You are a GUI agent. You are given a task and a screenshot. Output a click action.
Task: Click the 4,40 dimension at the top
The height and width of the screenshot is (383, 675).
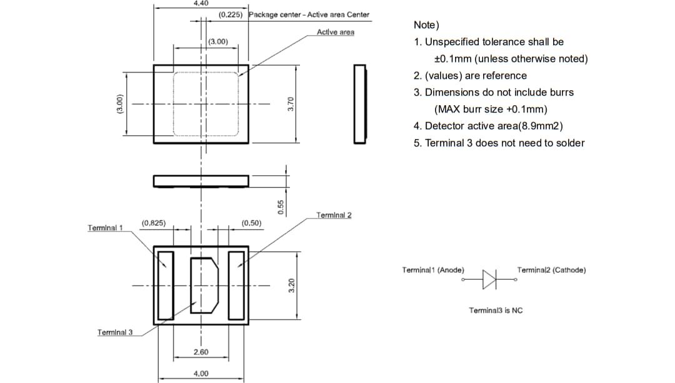(201, 4)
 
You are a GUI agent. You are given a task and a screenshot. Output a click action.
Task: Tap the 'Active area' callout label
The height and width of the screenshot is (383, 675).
(335, 32)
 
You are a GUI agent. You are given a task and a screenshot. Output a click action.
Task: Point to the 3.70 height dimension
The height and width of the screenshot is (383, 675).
(290, 104)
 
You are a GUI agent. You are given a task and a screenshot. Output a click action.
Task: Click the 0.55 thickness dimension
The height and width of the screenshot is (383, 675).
(281, 207)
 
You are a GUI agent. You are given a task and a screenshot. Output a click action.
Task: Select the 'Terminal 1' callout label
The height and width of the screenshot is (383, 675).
(106, 227)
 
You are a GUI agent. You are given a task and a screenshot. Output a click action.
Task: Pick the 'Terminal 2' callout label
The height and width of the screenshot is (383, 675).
(334, 215)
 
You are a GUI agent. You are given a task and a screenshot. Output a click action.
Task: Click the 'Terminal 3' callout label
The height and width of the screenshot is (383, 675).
(115, 332)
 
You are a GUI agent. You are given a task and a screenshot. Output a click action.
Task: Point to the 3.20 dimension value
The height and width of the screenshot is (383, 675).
(291, 286)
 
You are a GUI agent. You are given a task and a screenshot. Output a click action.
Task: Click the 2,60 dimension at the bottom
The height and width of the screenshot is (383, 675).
(201, 352)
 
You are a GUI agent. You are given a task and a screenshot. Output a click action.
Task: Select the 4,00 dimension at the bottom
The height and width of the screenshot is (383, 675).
(201, 373)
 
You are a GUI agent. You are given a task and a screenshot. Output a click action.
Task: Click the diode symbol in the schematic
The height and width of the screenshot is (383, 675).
(489, 277)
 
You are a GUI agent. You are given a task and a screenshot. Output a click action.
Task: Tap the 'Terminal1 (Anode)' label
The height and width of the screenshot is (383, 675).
(433, 270)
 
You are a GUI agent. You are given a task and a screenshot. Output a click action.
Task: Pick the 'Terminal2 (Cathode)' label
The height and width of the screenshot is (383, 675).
(551, 270)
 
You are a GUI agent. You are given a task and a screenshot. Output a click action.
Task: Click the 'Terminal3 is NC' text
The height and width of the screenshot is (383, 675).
(496, 310)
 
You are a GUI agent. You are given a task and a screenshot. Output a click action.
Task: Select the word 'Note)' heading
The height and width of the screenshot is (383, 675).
(426, 25)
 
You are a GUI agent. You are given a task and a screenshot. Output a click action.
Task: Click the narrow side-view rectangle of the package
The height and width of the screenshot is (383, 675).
(360, 104)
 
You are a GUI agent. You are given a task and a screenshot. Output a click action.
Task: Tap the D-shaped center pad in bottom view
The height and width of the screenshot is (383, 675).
(204, 285)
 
